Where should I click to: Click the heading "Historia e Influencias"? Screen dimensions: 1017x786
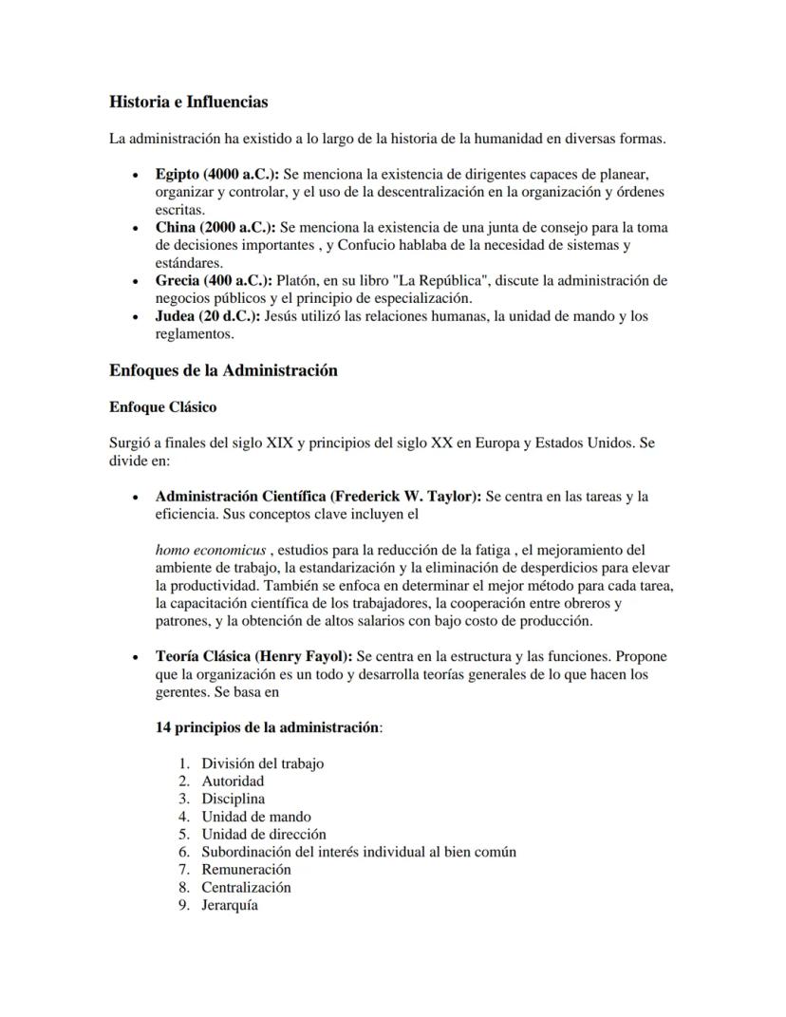[188, 102]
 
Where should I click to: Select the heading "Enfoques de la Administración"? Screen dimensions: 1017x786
[223, 370]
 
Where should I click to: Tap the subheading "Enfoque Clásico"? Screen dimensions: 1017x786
[162, 407]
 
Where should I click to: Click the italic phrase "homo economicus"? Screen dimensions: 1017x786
[211, 550]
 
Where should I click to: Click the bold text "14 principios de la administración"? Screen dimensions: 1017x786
[267, 727]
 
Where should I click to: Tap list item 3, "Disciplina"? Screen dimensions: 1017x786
[233, 799]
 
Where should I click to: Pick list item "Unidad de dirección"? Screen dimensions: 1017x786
[263, 834]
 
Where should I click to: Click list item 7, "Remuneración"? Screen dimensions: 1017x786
[246, 869]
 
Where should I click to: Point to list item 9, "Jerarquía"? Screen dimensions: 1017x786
[229, 905]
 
